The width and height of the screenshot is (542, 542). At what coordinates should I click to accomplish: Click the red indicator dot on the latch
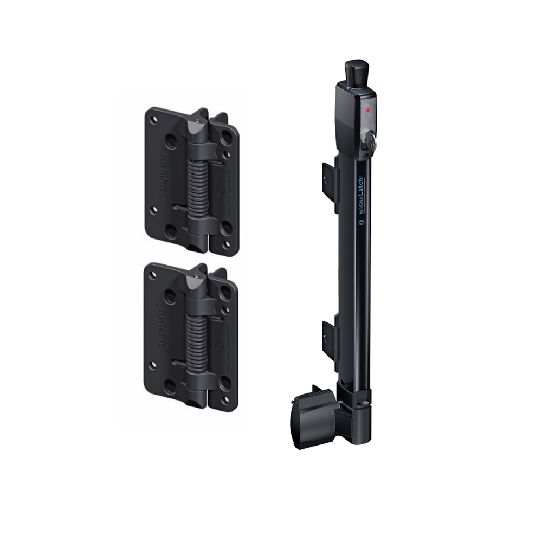click(368, 110)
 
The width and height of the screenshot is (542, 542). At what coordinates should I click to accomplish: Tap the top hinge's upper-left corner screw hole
click(154, 120)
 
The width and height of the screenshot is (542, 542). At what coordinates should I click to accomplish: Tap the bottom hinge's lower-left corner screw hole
click(153, 379)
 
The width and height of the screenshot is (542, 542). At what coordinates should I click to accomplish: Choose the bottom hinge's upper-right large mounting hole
click(225, 293)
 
